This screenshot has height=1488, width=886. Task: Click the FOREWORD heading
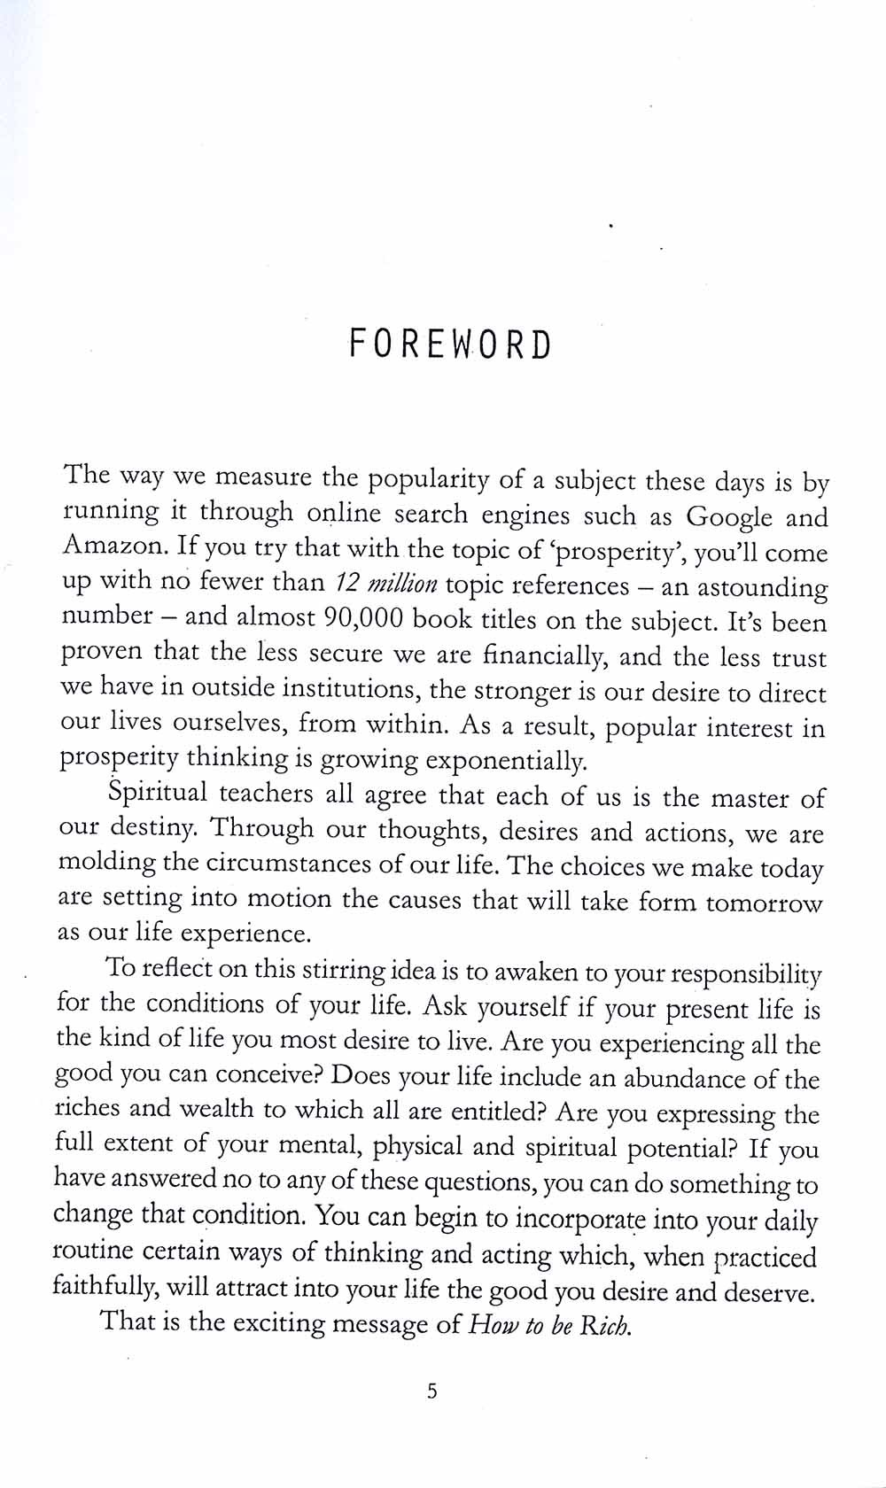[x=450, y=344]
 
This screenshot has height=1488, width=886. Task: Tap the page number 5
[x=432, y=1391]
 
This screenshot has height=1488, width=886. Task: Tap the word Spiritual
[x=157, y=791]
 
